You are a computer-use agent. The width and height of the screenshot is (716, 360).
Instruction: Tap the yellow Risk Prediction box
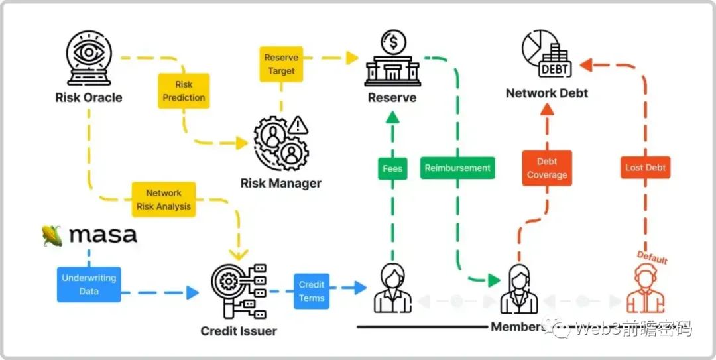pos(184,91)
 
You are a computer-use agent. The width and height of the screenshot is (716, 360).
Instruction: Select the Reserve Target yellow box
pos(281,64)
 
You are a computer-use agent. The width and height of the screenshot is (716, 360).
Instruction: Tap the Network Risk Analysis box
pos(164,200)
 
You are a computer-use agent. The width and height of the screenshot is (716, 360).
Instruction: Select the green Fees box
pos(392,168)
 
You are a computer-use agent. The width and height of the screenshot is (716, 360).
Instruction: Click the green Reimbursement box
pos(457,168)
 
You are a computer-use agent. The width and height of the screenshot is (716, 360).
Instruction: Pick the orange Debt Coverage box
pos(547,168)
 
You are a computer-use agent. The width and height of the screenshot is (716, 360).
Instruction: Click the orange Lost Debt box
pos(645,168)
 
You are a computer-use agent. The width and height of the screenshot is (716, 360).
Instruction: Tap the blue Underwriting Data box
pos(89,284)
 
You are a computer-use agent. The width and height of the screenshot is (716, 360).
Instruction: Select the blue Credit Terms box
pos(312,291)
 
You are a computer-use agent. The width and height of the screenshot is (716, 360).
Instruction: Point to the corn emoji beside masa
pos(51,235)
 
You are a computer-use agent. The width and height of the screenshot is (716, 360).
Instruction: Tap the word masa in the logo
pos(103,235)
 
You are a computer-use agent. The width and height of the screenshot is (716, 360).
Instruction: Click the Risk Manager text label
pos(281,183)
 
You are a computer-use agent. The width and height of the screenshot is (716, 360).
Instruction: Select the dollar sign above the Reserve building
pos(393,44)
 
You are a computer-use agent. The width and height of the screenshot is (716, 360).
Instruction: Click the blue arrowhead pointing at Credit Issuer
pos(192,292)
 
